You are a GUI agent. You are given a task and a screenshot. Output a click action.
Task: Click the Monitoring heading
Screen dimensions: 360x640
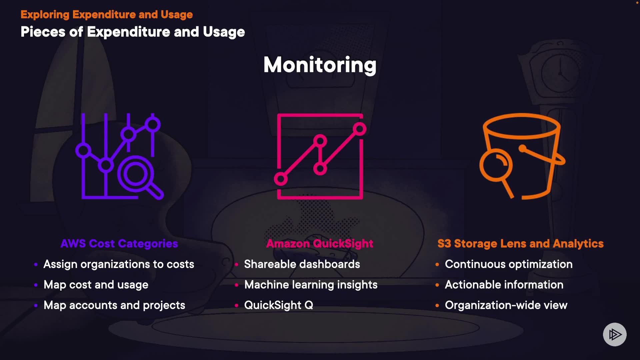point(320,65)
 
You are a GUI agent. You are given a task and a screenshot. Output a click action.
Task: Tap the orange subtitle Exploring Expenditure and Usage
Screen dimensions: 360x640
point(107,15)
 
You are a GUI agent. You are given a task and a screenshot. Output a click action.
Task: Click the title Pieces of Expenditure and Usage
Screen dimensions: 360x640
point(133,32)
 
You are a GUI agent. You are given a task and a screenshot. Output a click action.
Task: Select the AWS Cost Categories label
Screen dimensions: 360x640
point(119,244)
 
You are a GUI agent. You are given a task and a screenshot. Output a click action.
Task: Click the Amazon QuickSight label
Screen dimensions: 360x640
point(320,244)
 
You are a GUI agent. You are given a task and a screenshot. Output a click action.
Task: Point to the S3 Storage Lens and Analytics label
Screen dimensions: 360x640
point(520,244)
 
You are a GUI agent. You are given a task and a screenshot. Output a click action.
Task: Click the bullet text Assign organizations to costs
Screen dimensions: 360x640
point(119,264)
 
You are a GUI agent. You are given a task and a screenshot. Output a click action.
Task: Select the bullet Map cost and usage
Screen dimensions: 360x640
point(96,285)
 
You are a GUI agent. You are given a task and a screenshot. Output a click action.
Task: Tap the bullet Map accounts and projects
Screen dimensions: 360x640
point(114,305)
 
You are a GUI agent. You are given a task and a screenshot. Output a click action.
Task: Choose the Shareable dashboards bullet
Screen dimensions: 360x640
point(302,264)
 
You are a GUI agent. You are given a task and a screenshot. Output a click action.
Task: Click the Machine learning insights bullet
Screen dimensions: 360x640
point(311,285)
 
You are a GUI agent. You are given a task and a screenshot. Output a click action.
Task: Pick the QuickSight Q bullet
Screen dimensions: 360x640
point(279,305)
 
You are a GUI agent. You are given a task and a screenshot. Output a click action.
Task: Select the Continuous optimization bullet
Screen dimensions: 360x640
point(509,264)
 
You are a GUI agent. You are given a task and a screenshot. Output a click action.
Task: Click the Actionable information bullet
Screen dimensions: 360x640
point(504,285)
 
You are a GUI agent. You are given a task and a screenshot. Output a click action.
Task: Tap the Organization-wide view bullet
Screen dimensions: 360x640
point(506,305)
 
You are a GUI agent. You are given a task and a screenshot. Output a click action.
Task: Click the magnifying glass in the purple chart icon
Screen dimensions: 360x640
point(136,174)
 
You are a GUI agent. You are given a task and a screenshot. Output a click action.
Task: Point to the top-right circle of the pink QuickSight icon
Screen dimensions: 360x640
point(360,129)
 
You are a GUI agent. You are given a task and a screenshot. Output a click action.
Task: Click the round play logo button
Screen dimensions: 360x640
point(615,334)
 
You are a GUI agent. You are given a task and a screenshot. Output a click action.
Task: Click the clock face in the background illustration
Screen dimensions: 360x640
point(560,73)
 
